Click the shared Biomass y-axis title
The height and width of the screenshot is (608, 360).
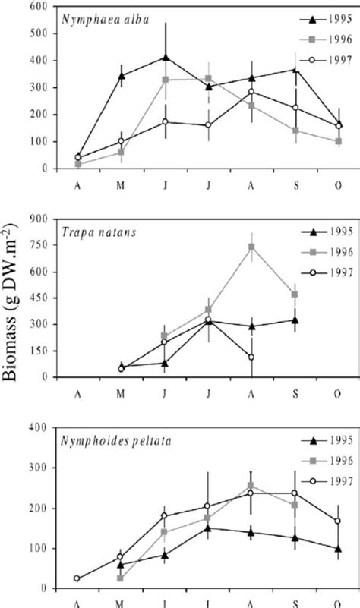click(17, 303)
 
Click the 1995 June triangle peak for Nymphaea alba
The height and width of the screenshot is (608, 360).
click(166, 57)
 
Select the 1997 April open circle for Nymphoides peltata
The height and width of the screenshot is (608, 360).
click(77, 578)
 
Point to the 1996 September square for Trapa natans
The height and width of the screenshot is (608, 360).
click(295, 295)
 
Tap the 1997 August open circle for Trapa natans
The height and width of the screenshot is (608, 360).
click(251, 357)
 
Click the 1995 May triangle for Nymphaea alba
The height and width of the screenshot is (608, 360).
click(122, 75)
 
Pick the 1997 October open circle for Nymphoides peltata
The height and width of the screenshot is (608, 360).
click(338, 521)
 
